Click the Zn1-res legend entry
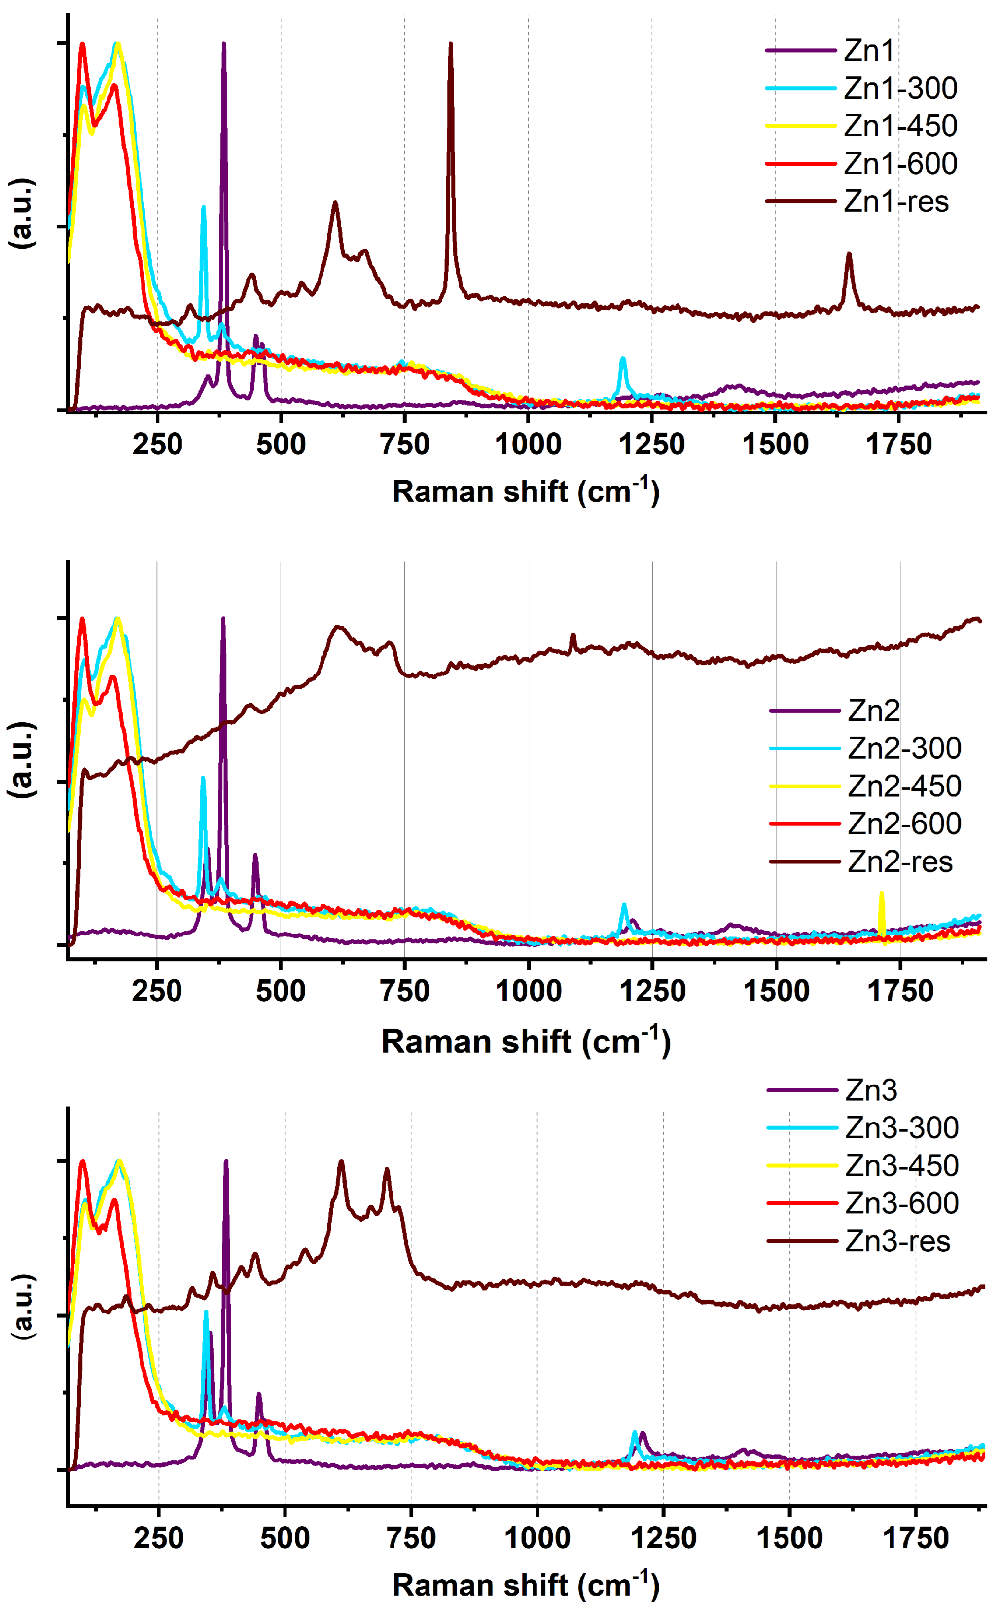895,202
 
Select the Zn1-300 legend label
900,89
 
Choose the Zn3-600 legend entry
901,1203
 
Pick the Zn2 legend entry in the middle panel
874,711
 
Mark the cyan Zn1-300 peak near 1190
622,359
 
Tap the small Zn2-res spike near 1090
573,635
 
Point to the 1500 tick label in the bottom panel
789,1539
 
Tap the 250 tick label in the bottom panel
159,1539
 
